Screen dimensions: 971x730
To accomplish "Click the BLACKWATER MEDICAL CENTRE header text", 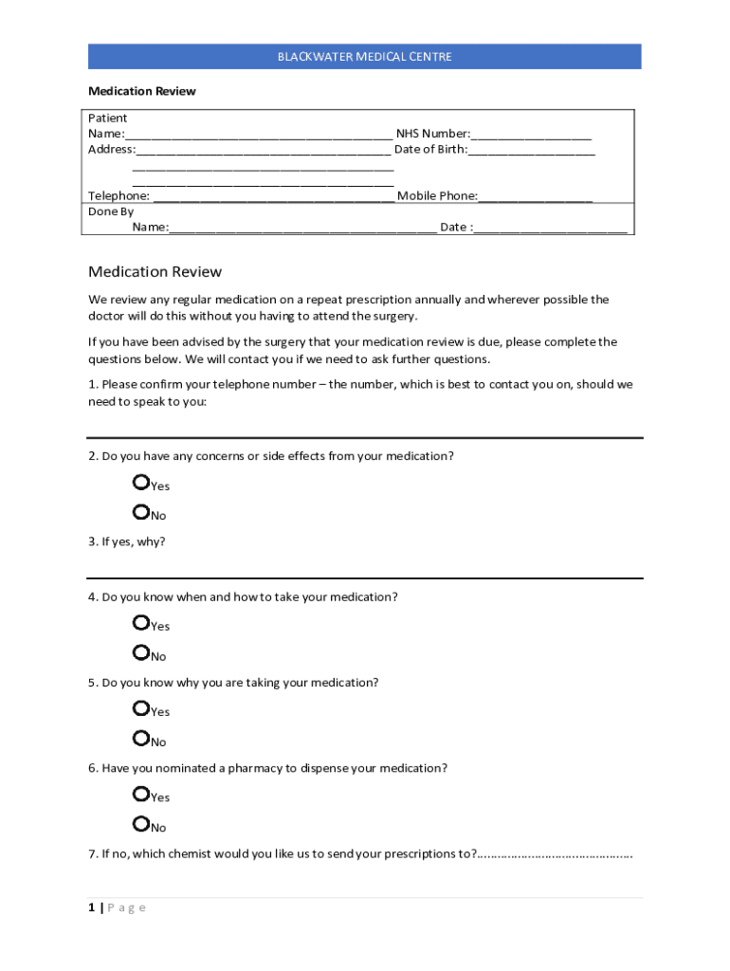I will click(x=364, y=57).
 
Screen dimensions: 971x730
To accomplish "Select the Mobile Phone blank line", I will click(x=536, y=197).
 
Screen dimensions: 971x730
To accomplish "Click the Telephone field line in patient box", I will click(x=273, y=197).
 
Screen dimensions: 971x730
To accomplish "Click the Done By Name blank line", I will click(x=303, y=229).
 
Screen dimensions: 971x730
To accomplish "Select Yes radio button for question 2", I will click(x=141, y=483).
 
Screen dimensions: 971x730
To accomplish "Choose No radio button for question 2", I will click(x=141, y=513).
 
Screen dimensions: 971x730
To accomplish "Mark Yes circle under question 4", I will click(x=141, y=623).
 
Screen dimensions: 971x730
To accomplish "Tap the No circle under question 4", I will click(x=141, y=653).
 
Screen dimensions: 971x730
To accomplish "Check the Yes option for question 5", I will click(x=141, y=708).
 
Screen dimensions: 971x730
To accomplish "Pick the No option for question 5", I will click(x=141, y=739).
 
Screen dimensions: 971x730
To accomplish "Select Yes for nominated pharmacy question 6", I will click(x=141, y=794).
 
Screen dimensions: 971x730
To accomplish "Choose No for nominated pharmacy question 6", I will click(x=141, y=824).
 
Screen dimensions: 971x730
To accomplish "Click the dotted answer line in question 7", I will click(x=555, y=854).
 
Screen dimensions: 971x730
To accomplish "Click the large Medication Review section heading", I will click(x=155, y=272).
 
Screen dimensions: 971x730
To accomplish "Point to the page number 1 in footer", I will click(x=92, y=907).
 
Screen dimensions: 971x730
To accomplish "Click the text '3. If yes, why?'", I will click(x=127, y=541).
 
